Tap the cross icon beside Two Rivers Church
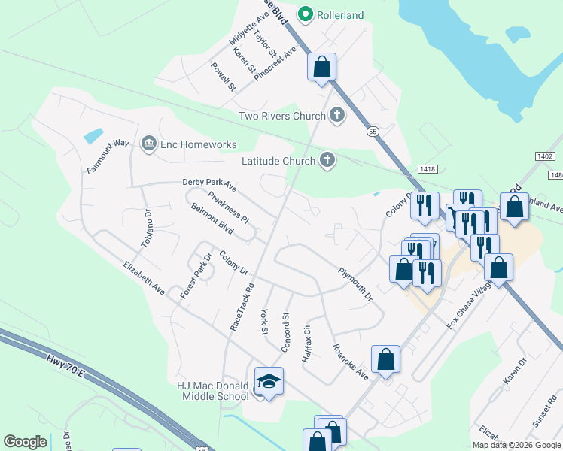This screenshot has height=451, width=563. click(336, 115)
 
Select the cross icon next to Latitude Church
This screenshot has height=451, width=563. click(327, 160)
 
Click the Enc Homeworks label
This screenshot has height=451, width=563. click(197, 144)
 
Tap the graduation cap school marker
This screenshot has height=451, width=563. click(269, 382)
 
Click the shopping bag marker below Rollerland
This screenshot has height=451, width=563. click(321, 67)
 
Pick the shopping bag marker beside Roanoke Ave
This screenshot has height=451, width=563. click(385, 360)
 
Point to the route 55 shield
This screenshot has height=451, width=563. click(373, 131)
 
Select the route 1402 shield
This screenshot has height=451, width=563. click(545, 156)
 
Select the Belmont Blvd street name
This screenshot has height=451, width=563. click(212, 216)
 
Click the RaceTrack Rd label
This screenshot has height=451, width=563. click(242, 306)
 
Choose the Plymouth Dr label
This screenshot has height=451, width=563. click(355, 285)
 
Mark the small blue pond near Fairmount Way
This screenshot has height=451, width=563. click(94, 136)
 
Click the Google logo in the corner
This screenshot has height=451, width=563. click(26, 442)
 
